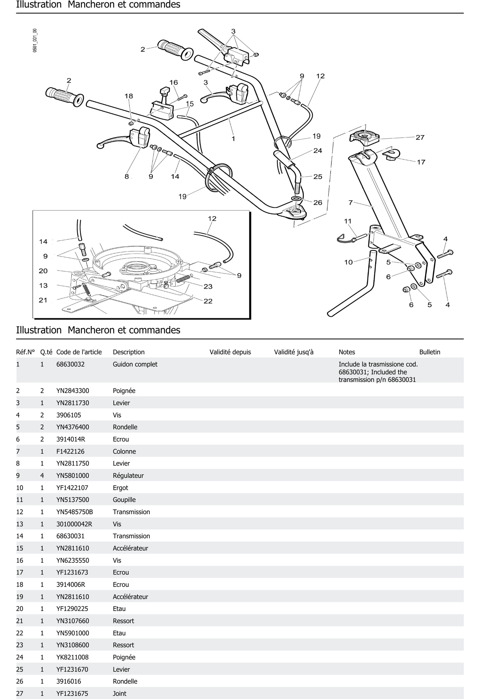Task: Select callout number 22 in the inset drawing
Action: click(208, 301)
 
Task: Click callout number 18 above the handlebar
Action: click(129, 96)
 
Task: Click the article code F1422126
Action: click(70, 451)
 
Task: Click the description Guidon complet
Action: click(135, 364)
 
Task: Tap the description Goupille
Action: click(124, 500)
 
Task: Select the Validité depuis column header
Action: click(230, 352)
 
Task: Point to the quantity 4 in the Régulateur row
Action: click(42, 476)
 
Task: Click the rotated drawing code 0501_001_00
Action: click(35, 41)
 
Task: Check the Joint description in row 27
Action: click(119, 693)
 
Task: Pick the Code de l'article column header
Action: click(79, 352)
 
